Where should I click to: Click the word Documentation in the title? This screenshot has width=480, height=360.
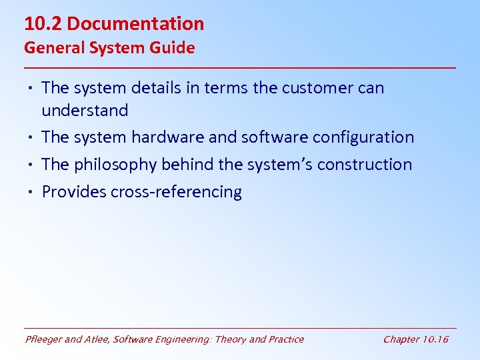[135, 24]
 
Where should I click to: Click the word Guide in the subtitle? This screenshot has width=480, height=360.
[175, 48]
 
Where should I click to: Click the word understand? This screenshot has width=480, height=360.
[85, 110]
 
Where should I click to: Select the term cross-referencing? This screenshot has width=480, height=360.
[177, 192]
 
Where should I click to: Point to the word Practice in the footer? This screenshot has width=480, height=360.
[285, 340]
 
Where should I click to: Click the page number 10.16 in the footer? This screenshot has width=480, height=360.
[435, 340]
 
